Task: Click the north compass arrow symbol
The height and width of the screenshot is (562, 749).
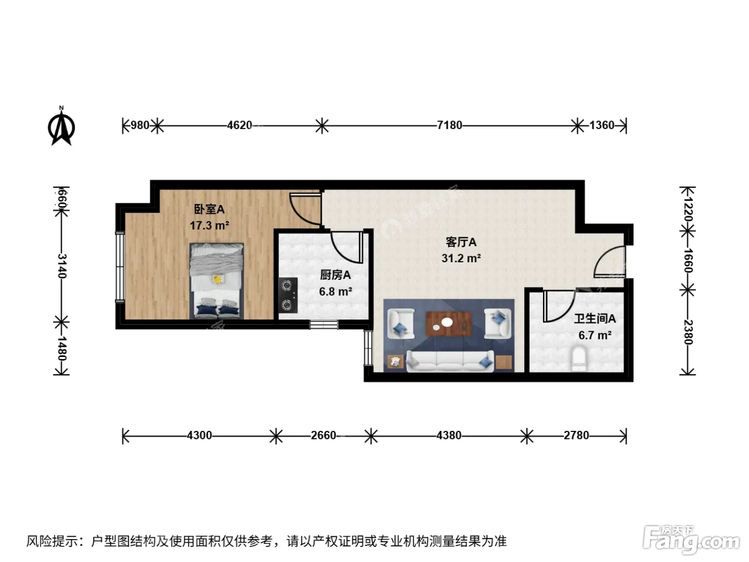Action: [x=62, y=126]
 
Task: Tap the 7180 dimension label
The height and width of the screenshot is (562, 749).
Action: [x=449, y=126]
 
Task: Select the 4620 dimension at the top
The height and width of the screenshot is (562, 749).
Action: [x=240, y=126]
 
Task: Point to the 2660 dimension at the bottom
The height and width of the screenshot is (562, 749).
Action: [x=323, y=435]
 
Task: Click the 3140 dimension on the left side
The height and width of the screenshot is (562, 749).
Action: [x=62, y=266]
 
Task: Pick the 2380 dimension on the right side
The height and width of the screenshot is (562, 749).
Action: [x=687, y=332]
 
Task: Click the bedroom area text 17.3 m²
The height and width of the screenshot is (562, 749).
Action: [x=209, y=225]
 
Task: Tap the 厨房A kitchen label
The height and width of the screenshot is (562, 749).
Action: [x=335, y=275]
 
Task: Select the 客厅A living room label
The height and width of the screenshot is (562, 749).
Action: [x=461, y=242]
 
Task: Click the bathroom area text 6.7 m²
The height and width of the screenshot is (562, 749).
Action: [x=595, y=336]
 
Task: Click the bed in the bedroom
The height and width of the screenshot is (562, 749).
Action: [x=217, y=281]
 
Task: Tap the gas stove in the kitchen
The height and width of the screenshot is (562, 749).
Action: [x=288, y=295]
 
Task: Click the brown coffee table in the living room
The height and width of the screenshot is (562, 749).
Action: [x=448, y=324]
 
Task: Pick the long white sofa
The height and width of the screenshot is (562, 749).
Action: [x=450, y=361]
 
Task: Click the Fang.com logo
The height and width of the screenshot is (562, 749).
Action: [x=691, y=540]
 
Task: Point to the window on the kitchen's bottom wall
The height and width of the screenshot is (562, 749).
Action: [x=324, y=324]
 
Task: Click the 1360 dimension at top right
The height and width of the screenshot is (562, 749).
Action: [x=602, y=126]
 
